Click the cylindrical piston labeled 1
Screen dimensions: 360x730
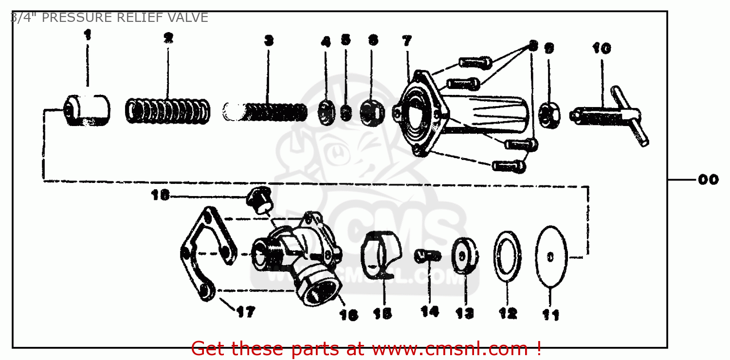point(88,111)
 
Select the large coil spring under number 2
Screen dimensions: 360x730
point(168,111)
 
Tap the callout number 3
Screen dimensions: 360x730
point(269,41)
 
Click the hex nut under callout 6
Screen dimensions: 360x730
point(372,112)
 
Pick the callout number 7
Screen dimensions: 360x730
point(407,41)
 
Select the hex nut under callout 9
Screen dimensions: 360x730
point(550,113)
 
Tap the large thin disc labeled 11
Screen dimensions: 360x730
point(551,256)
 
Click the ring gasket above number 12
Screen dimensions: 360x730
point(508,256)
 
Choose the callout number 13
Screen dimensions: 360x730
point(464,313)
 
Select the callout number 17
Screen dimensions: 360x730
point(245,312)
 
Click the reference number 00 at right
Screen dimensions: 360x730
point(708,180)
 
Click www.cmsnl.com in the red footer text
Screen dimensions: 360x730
point(450,349)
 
